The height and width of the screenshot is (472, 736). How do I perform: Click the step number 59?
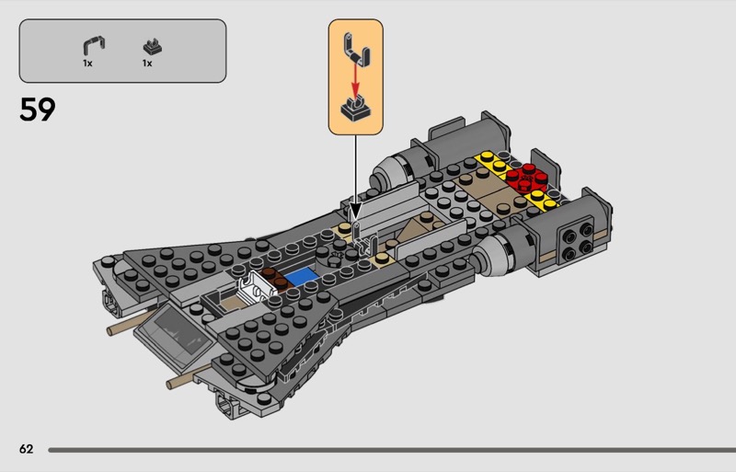(x=37, y=109)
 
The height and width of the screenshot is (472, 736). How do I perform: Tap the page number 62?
(x=27, y=449)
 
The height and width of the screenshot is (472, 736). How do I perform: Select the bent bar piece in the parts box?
(x=94, y=46)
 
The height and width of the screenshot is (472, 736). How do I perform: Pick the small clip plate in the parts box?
(x=152, y=47)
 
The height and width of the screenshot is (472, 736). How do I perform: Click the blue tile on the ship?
(x=300, y=276)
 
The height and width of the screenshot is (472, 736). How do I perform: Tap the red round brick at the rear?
(x=526, y=178)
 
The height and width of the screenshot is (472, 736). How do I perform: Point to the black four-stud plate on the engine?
(x=577, y=241)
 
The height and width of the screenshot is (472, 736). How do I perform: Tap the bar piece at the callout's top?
(x=356, y=49)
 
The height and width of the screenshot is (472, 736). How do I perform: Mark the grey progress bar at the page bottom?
(x=392, y=450)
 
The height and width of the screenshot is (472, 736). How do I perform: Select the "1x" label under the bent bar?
(x=87, y=63)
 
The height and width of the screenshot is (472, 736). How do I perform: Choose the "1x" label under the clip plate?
(x=147, y=63)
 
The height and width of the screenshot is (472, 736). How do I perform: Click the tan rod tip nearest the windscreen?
(x=110, y=331)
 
